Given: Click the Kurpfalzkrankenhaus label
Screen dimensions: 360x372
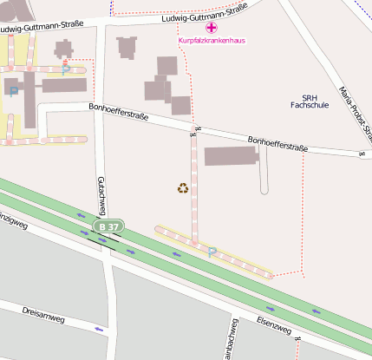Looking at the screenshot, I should pyautogui.click(x=211, y=40).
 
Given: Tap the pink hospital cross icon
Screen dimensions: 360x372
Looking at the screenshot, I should pyautogui.click(x=211, y=29).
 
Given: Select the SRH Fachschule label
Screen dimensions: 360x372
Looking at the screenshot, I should pyautogui.click(x=310, y=101).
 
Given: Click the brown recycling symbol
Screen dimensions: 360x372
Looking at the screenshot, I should pyautogui.click(x=183, y=187).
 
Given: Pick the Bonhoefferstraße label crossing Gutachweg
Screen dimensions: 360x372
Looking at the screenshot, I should pyautogui.click(x=120, y=110).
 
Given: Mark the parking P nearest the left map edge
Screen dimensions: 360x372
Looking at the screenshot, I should pyautogui.click(x=13, y=89).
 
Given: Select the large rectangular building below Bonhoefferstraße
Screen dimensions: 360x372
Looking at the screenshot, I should pyautogui.click(x=230, y=156).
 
